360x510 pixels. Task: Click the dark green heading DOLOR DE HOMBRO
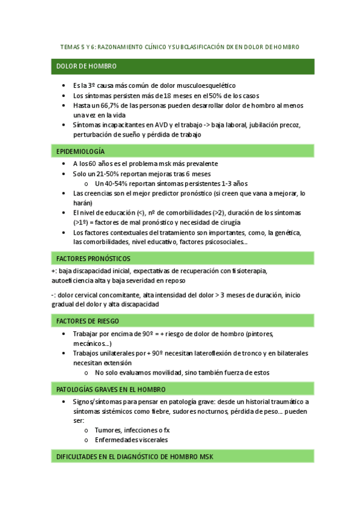87,66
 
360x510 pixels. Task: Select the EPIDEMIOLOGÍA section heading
81,151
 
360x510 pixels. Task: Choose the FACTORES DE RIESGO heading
87,321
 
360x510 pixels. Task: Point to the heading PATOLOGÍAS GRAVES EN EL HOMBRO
111,389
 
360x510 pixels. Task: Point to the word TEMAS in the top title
71,46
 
